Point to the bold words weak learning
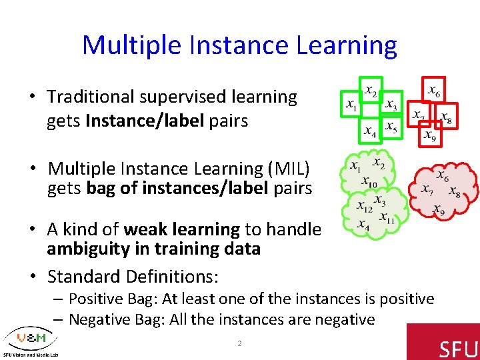pos(181,229)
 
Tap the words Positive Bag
pos(115,299)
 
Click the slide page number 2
pos(240,343)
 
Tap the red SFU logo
pos(443,341)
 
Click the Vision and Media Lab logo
pos(30,341)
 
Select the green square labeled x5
pos(391,128)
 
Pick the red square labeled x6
pos(433,89)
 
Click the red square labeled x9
pos(430,136)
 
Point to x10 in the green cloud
pos(369,181)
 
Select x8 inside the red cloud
pos(455,192)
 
